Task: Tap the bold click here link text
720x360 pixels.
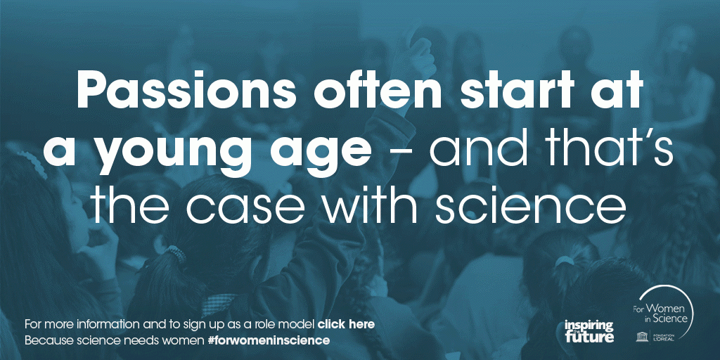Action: point(346,324)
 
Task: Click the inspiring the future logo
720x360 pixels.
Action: point(589,331)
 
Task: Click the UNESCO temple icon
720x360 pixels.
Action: point(640,337)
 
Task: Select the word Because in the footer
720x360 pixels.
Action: point(45,340)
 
